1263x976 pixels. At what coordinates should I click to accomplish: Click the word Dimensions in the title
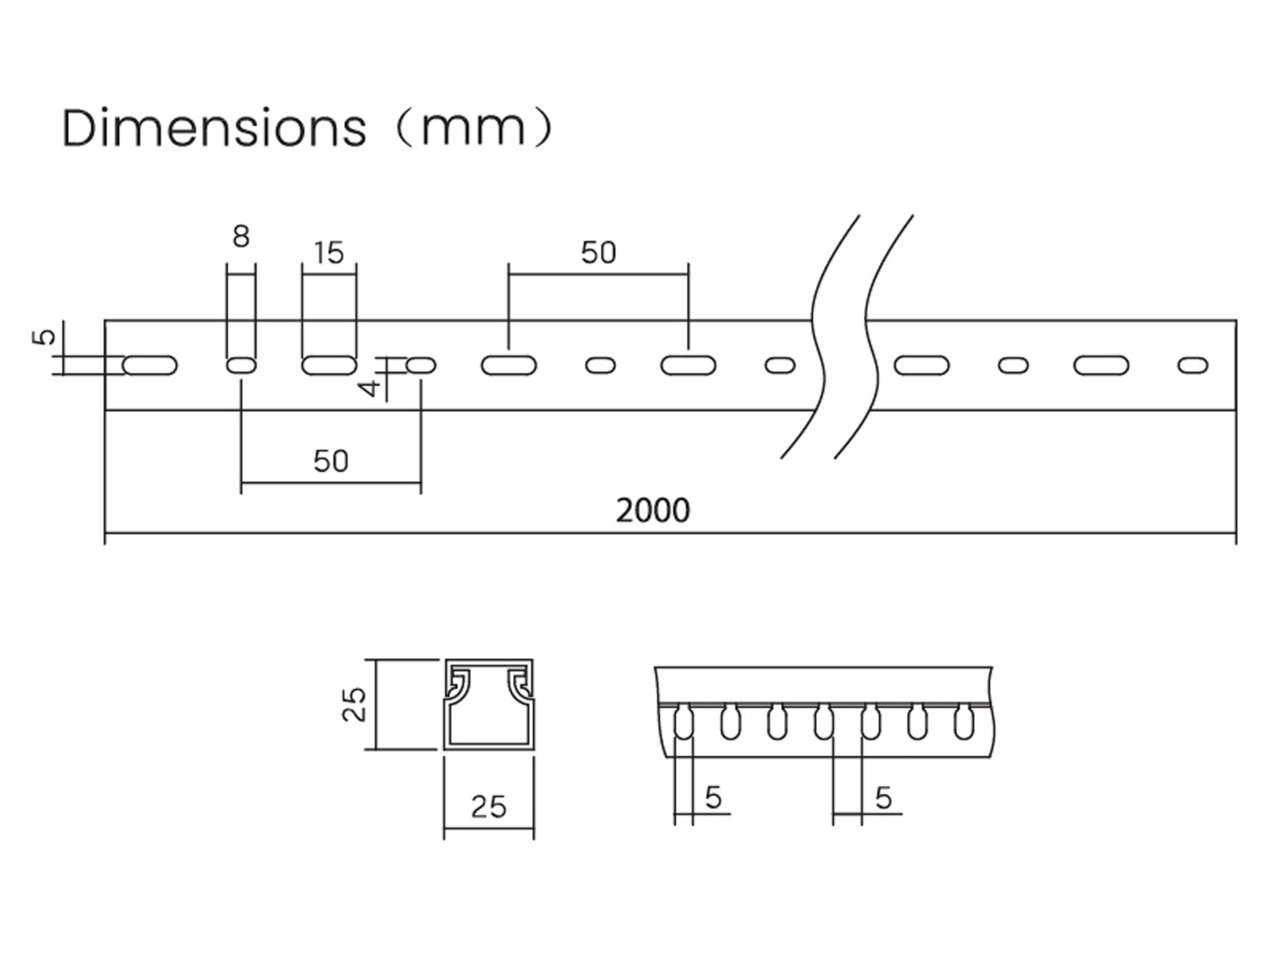click(214, 128)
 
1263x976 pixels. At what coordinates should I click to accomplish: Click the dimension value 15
click(329, 253)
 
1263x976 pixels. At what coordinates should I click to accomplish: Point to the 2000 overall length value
click(653, 511)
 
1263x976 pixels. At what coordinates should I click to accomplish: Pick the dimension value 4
click(370, 387)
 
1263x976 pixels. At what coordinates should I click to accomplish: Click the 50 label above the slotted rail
click(598, 253)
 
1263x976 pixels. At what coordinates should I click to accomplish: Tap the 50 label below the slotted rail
click(331, 462)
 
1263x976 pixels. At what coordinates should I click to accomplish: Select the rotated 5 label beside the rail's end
click(44, 336)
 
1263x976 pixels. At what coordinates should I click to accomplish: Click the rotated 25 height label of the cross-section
click(354, 704)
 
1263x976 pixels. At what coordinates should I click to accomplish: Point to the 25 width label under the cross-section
click(489, 807)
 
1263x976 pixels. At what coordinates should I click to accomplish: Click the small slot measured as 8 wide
click(241, 366)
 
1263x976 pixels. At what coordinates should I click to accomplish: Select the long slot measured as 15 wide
click(329, 366)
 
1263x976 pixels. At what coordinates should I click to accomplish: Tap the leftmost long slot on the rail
click(150, 366)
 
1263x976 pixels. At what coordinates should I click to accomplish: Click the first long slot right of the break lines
click(922, 366)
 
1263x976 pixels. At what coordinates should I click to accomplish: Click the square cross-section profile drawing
click(489, 704)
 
